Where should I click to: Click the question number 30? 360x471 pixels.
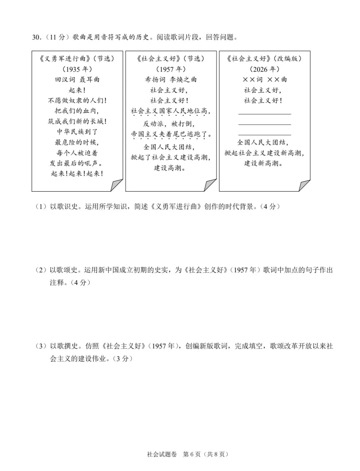click(36, 37)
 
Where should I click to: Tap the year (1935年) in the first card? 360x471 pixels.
click(77, 69)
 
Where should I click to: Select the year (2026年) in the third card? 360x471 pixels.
click(264, 69)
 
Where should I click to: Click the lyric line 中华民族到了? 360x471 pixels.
click(77, 132)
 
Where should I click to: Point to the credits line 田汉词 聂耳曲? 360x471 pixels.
click(77, 80)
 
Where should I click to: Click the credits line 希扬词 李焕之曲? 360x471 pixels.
click(171, 80)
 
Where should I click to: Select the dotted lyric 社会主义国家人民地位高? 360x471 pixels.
click(171, 111)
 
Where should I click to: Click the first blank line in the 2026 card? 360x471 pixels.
click(265, 114)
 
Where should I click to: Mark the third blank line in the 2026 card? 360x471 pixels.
click(265, 135)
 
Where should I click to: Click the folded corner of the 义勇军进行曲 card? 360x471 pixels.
click(116, 185)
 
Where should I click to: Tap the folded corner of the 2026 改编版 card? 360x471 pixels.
click(304, 185)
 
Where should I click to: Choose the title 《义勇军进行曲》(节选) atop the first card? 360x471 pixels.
click(77, 59)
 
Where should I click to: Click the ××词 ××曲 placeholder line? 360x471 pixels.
click(264, 80)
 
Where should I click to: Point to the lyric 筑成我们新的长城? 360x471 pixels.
click(77, 122)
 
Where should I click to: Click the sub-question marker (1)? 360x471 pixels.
click(41, 207)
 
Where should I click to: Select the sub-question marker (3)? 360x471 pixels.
click(41, 346)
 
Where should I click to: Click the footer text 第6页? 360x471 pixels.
click(192, 454)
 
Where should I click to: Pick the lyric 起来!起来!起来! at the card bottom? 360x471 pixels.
click(77, 174)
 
